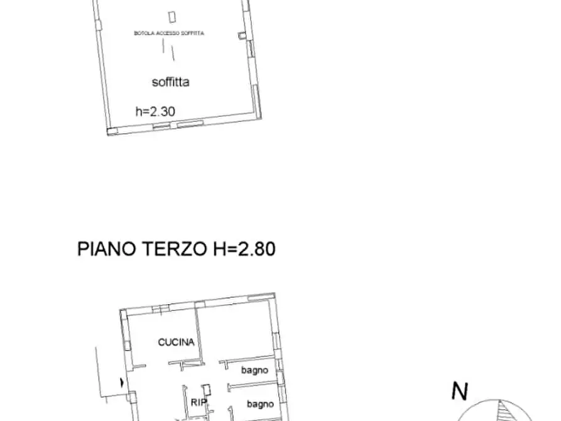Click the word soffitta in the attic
pos(170,82)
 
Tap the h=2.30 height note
pos(155,112)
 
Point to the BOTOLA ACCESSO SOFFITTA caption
pos(169,33)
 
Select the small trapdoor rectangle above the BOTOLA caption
pos(172,18)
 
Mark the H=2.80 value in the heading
pos(241,249)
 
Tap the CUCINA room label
pos(175,342)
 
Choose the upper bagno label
pos(254,370)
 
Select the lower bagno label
pos(259,403)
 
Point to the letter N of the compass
pos(460,392)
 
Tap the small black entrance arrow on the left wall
pos(121,381)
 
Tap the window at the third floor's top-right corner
pos(261,297)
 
